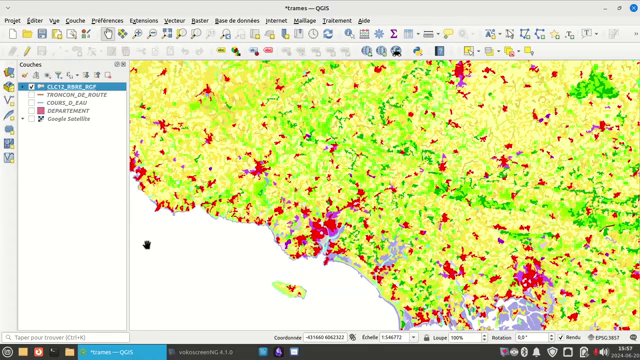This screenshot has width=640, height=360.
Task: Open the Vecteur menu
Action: point(174,20)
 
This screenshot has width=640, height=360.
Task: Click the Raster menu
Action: point(200,20)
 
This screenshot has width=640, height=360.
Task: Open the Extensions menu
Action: point(144,20)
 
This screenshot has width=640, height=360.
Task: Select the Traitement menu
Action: point(337,20)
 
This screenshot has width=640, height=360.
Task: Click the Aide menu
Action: point(364,20)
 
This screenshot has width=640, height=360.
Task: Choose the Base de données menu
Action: point(237,20)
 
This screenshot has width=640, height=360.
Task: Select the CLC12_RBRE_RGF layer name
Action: point(71,87)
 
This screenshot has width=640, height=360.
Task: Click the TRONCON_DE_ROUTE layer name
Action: point(76,95)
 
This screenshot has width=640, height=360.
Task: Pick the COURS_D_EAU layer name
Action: point(69,103)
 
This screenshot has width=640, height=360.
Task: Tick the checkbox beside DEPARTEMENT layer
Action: point(32,111)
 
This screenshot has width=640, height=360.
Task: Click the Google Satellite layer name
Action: point(69,119)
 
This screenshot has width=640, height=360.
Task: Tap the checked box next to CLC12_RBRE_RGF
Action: point(32,87)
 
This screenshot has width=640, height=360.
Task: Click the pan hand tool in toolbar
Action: point(108,34)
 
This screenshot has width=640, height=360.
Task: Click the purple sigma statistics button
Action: point(393,34)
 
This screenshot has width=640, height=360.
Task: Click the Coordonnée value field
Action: point(324,338)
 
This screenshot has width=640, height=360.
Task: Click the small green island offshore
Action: point(289,290)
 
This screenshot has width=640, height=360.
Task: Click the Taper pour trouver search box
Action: point(64,338)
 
